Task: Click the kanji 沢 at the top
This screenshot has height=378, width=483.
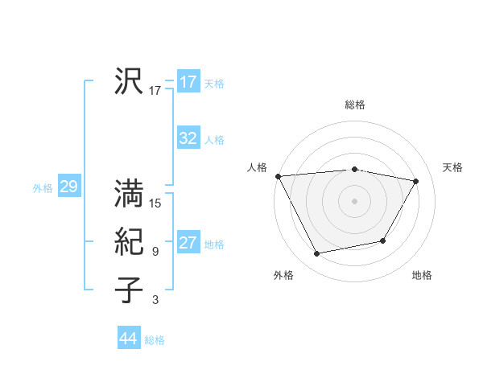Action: pyautogui.click(x=130, y=81)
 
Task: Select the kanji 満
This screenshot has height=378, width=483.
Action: pyautogui.click(x=130, y=193)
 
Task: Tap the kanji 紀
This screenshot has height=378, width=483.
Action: pyautogui.click(x=130, y=241)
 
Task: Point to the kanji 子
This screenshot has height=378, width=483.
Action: pyautogui.click(x=130, y=290)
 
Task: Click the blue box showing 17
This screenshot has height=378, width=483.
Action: pyautogui.click(x=188, y=82)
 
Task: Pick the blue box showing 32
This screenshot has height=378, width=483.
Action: pyautogui.click(x=188, y=138)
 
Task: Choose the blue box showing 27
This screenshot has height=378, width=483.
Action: pyautogui.click(x=188, y=243)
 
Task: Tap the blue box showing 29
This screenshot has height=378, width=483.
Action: pyautogui.click(x=68, y=187)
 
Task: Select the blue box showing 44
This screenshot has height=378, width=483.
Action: pyautogui.click(x=129, y=339)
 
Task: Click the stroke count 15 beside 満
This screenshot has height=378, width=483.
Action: pyautogui.click(x=155, y=203)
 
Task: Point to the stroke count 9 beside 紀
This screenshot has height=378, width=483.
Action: pyautogui.click(x=155, y=252)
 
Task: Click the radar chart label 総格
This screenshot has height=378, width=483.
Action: pyautogui.click(x=355, y=105)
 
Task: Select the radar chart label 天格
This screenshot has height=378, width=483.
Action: pyautogui.click(x=452, y=167)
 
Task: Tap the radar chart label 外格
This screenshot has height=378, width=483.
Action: pyautogui.click(x=283, y=275)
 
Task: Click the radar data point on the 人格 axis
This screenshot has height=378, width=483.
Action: pyautogui.click(x=278, y=176)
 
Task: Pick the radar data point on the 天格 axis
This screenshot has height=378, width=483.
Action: pyautogui.click(x=416, y=181)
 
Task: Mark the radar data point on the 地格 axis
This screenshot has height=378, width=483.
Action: pyautogui.click(x=383, y=240)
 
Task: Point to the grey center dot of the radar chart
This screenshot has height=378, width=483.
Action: pyautogui.click(x=355, y=200)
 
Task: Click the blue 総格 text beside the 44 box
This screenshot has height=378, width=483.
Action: pyautogui.click(x=155, y=340)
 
